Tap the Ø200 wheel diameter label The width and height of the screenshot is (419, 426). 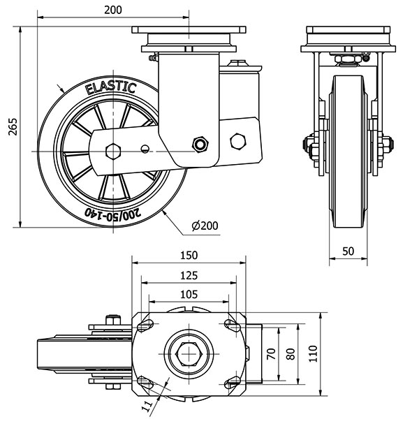[203, 225]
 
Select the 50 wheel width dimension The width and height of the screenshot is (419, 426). [348, 251]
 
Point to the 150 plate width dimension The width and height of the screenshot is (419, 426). [188, 255]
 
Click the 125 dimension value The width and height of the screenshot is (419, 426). [187, 275]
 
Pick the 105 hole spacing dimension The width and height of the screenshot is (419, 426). [186, 294]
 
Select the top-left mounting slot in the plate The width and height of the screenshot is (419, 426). [147, 324]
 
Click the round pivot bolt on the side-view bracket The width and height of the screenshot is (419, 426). [201, 144]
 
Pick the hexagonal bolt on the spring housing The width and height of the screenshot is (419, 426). [238, 141]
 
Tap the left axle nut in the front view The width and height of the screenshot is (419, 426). [307, 145]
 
